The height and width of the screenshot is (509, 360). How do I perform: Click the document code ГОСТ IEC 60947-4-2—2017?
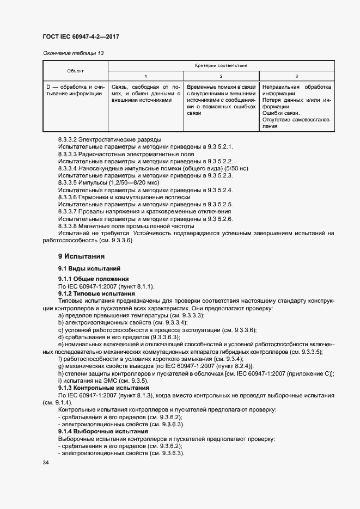(81, 36)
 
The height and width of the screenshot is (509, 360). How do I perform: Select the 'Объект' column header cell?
(75, 71)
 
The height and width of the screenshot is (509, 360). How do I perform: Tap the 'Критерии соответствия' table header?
(221, 65)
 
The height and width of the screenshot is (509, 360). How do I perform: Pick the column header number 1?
(146, 76)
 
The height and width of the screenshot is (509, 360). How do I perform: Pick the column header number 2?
(221, 76)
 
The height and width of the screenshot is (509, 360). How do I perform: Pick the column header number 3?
(296, 76)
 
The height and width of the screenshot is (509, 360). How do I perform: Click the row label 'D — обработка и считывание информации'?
(75, 90)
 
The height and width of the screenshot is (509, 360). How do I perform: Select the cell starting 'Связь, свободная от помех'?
(145, 93)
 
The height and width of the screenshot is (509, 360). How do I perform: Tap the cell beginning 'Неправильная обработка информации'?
(296, 107)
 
